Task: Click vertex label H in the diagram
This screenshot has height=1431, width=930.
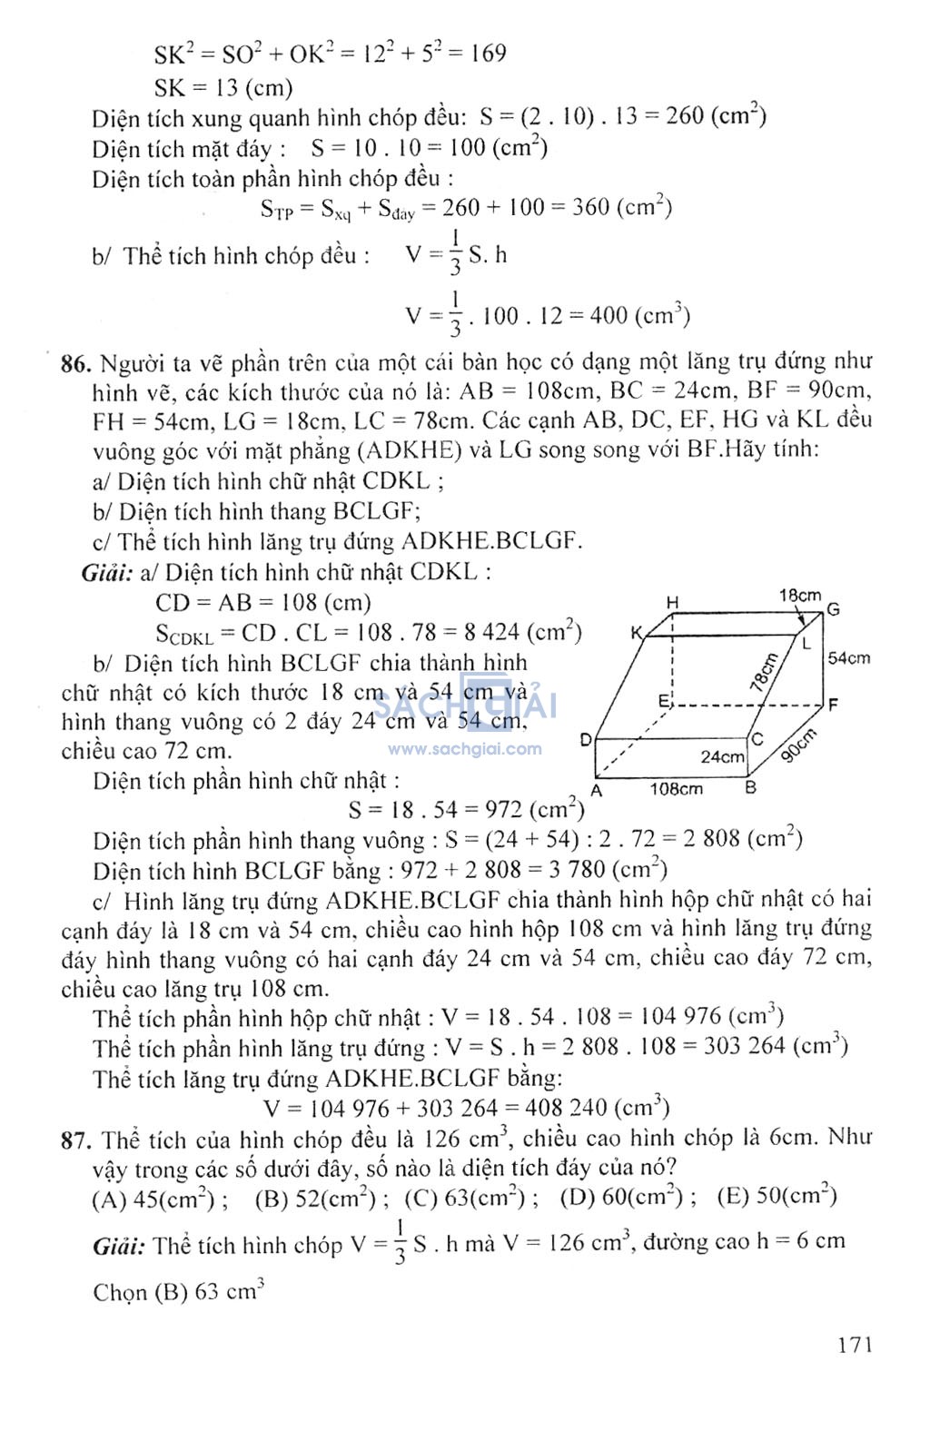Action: coord(672,602)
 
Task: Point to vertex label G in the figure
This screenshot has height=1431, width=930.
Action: coord(833,609)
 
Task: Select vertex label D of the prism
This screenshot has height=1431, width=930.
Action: coord(586,740)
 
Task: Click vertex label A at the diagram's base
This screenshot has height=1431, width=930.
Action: coord(596,790)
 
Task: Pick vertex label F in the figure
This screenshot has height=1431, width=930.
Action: coord(833,705)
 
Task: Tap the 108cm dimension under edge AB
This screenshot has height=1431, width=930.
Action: coord(676,789)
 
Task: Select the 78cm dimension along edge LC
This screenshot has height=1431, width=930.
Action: coord(764,672)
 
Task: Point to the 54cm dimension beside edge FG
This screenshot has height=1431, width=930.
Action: coord(848,657)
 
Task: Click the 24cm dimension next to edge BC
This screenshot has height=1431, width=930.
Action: coord(722,756)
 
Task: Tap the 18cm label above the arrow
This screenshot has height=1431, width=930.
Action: coord(799,596)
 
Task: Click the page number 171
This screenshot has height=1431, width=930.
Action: coord(855,1344)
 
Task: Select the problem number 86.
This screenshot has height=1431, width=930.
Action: coord(76,365)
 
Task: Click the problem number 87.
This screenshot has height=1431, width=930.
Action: coord(76,1140)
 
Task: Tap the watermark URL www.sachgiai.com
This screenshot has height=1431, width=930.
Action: coord(465,749)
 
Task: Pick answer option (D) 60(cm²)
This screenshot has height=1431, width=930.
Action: coord(627,1197)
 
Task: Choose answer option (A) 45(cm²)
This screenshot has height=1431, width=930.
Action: coord(160,1199)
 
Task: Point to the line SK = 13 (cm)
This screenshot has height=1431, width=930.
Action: coord(223,88)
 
